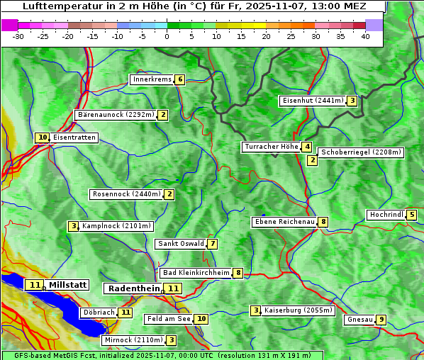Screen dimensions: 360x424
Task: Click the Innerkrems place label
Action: [x=152, y=79]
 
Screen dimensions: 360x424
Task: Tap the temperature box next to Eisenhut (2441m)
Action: [x=352, y=101]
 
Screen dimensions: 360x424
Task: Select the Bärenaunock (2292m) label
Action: [x=115, y=115]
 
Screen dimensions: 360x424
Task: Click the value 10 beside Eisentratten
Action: [x=43, y=137]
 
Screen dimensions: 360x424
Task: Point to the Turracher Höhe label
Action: [x=271, y=147]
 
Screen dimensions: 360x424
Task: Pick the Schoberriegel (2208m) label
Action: [x=361, y=152]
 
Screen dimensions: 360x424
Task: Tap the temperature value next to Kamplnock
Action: [x=73, y=226]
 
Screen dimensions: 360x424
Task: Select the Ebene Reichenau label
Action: [x=284, y=222]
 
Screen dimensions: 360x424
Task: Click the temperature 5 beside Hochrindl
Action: [x=412, y=215]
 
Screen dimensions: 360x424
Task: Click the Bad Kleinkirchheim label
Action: [x=196, y=273]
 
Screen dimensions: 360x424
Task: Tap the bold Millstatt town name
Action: [x=67, y=285]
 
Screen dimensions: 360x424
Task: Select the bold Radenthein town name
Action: [x=134, y=288]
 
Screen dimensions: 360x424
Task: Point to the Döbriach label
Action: [x=99, y=312]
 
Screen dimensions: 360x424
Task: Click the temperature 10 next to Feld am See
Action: [x=201, y=319]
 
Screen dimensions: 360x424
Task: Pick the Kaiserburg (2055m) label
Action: [x=298, y=310]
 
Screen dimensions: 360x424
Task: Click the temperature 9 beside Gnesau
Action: [x=381, y=320]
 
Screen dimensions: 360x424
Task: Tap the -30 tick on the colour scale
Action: [x=18, y=36]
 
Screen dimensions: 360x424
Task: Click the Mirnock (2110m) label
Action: [x=133, y=340]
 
